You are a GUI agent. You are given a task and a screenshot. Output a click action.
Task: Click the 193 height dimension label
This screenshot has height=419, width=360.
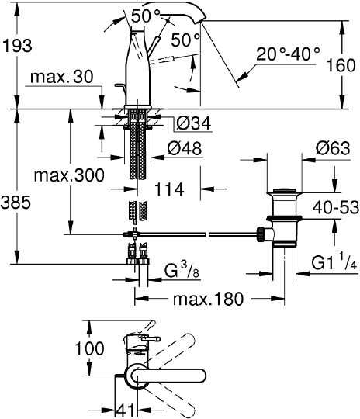point(17,46)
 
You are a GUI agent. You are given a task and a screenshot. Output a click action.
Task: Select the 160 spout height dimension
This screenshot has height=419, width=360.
point(341,65)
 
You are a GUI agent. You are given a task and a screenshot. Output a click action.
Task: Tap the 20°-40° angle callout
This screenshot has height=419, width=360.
point(288,54)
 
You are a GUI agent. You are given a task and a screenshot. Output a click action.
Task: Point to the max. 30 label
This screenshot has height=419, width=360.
point(62,77)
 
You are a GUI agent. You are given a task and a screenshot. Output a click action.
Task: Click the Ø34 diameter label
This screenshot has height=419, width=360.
point(194,123)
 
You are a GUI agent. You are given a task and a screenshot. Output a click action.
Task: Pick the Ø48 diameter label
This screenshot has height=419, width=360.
point(185,148)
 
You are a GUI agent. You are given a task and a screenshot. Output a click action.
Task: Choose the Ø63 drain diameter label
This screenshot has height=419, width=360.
point(333,148)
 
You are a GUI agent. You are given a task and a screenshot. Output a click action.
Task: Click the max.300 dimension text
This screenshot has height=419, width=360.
point(69,175)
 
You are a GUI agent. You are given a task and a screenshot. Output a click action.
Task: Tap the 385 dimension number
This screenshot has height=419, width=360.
point(16,202)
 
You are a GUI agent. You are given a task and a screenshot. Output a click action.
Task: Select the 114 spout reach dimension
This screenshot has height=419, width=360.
point(169,189)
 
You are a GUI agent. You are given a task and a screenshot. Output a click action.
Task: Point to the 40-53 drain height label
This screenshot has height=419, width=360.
point(336,207)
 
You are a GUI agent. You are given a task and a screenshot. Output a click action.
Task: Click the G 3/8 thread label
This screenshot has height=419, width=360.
point(182,271)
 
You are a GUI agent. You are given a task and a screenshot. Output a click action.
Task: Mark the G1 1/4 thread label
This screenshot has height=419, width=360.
point(334,262)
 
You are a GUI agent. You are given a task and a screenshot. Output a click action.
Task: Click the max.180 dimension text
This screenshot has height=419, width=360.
point(209,299)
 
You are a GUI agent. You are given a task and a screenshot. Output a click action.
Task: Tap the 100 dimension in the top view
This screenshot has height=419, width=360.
point(89,348)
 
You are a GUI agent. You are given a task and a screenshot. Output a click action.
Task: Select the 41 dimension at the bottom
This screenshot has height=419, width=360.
point(126,410)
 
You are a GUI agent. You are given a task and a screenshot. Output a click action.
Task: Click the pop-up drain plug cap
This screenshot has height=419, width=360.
point(285,191)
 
